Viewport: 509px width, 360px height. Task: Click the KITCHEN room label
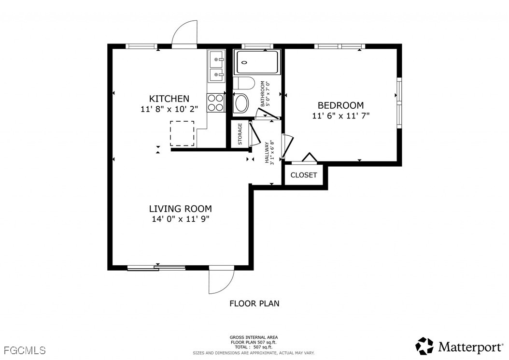[x=169, y=99]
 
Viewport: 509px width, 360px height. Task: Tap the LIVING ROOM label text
[x=181, y=209]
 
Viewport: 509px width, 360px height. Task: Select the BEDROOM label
[x=340, y=105]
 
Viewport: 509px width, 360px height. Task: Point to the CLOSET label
[x=304, y=175]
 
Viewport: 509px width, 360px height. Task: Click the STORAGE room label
[x=240, y=134]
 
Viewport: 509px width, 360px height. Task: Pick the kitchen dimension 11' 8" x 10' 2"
[x=169, y=109]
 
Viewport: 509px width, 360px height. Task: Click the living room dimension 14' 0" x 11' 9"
[x=181, y=219]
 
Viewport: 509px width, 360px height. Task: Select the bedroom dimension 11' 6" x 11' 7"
[x=341, y=115]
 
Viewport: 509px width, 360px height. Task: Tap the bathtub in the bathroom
[x=257, y=62]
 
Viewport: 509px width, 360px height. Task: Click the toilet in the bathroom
[x=244, y=83]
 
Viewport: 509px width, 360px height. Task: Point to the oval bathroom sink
[x=241, y=103]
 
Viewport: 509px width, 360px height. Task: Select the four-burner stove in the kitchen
[x=215, y=102]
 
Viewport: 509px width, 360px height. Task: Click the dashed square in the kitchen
[x=182, y=133]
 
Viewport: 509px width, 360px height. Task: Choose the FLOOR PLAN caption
[x=254, y=303]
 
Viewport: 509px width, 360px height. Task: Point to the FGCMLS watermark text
[x=25, y=350]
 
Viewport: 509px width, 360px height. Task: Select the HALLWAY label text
[x=267, y=153]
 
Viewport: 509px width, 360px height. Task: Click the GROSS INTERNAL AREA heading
[x=254, y=338]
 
